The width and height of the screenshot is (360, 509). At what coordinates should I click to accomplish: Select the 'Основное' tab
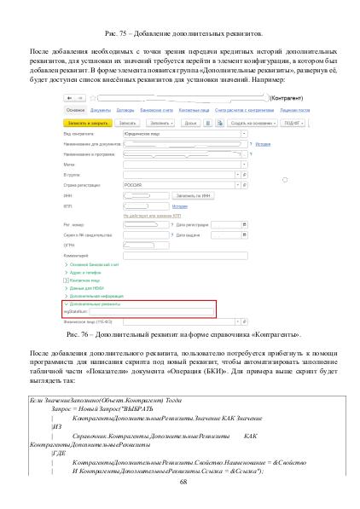click(x=74, y=110)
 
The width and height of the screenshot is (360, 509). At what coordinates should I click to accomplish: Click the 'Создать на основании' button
click(x=251, y=123)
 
